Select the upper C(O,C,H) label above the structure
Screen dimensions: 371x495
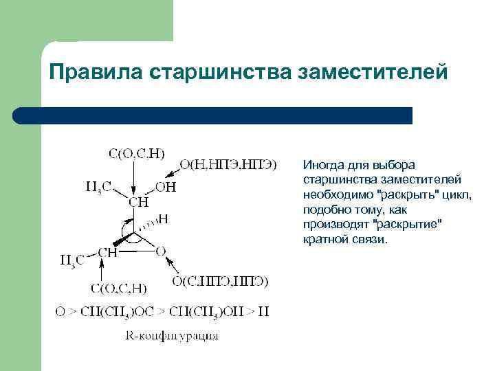[x=136, y=153]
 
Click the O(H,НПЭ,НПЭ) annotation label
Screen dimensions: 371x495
[x=228, y=165]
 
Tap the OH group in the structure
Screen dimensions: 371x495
[x=166, y=187]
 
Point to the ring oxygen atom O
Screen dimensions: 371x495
[x=161, y=252]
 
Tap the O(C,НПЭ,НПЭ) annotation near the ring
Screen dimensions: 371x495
[x=219, y=281]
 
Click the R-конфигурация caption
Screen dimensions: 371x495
[x=172, y=336]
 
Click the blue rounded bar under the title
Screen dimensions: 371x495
[x=213, y=115]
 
